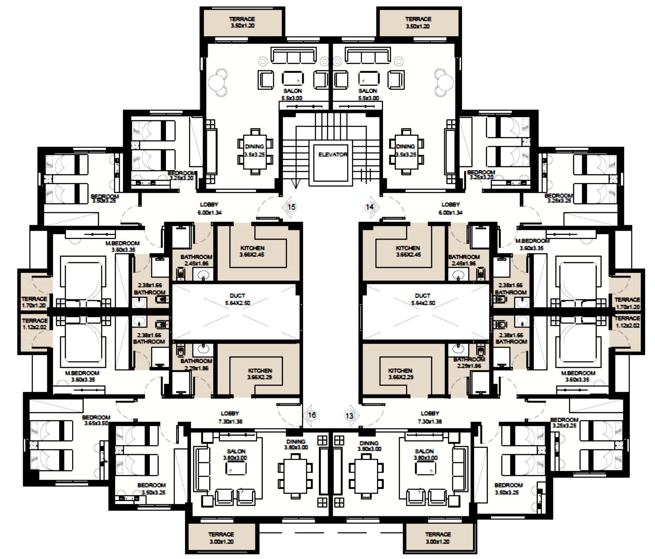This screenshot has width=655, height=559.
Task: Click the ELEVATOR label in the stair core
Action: (x=333, y=155)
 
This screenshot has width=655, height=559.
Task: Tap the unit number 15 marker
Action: (x=291, y=207)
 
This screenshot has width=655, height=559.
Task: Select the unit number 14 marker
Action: (x=370, y=207)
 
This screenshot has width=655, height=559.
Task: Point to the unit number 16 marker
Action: (x=312, y=415)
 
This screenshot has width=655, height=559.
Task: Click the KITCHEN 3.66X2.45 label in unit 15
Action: (x=252, y=251)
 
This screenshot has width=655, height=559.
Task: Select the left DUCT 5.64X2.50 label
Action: (x=237, y=299)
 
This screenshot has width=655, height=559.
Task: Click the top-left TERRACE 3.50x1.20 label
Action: (x=242, y=22)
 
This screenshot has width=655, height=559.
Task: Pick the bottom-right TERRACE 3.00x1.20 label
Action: (x=438, y=538)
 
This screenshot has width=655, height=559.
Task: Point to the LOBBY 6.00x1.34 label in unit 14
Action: (x=450, y=208)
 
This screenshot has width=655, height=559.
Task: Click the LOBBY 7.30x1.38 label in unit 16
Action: (x=230, y=417)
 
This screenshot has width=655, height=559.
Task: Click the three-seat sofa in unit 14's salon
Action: (x=368, y=56)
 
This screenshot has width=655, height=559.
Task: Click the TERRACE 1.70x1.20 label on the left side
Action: (x=34, y=302)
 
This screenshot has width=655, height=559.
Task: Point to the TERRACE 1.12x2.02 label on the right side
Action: (x=627, y=322)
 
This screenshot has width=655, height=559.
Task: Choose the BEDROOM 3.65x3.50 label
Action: (x=96, y=420)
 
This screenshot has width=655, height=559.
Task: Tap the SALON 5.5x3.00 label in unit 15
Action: (x=292, y=94)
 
